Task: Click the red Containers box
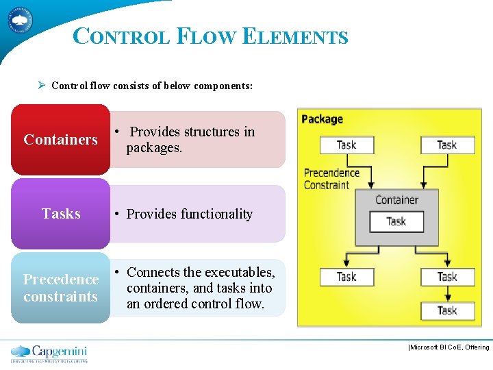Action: pyautogui.click(x=60, y=140)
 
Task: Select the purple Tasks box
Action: pyautogui.click(x=60, y=214)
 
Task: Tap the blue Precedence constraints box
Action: pyautogui.click(x=60, y=288)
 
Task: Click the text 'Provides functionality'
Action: pyautogui.click(x=190, y=214)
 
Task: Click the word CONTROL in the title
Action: pyautogui.click(x=121, y=36)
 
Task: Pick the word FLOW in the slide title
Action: pyautogui.click(x=204, y=36)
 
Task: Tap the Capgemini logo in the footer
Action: pyautogui.click(x=49, y=353)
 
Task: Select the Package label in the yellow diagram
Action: pyautogui.click(x=322, y=119)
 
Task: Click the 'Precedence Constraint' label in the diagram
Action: pyautogui.click(x=331, y=179)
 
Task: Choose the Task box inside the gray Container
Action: pyautogui.click(x=396, y=221)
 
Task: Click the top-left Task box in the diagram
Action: pyautogui.click(x=346, y=145)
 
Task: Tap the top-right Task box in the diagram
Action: pyautogui.click(x=446, y=145)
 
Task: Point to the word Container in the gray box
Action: pyautogui.click(x=396, y=200)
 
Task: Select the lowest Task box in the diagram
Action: pyautogui.click(x=446, y=310)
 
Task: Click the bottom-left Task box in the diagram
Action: pyautogui.click(x=346, y=277)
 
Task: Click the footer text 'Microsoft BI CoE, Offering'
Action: pyautogui.click(x=449, y=347)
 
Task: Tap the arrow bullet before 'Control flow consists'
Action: pyautogui.click(x=42, y=86)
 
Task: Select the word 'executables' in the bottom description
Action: pyautogui.click(x=236, y=272)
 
